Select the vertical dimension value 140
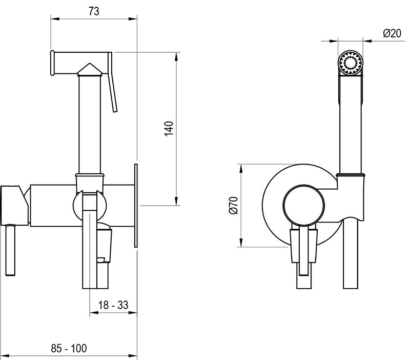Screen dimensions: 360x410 click(169, 129)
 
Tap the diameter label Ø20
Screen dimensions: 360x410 click(392, 34)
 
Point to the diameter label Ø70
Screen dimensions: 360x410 click(233, 206)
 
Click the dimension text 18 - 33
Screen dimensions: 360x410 click(113, 305)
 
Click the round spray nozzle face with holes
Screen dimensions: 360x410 click(351, 64)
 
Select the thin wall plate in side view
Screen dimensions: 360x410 click(136, 206)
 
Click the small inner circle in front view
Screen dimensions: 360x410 click(304, 206)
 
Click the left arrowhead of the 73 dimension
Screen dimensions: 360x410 click(54, 18)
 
